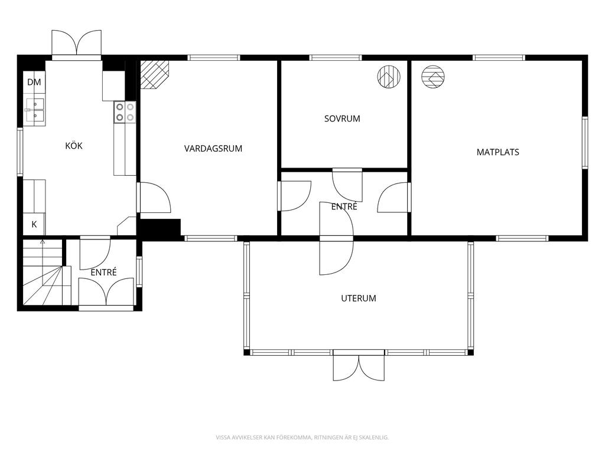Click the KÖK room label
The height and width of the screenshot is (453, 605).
74,146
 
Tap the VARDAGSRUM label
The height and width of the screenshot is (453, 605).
213,148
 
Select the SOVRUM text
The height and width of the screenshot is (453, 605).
342,119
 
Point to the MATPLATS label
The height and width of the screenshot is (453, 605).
497,152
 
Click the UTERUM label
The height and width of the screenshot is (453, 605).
359,298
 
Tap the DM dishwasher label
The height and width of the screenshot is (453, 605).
34,82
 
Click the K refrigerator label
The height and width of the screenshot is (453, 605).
34,224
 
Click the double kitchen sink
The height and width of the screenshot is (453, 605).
35,110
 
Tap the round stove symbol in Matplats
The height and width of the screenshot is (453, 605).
433,77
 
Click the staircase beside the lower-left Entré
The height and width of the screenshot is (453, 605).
43,272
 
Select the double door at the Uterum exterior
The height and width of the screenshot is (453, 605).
359,366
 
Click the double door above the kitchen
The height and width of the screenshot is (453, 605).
76,43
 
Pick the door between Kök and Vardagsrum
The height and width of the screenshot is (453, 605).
154,197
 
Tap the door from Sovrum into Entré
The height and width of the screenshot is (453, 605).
347,185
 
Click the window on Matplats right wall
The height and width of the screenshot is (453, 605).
585,143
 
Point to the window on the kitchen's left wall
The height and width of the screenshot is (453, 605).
20,152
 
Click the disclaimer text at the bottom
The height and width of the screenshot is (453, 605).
302,437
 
